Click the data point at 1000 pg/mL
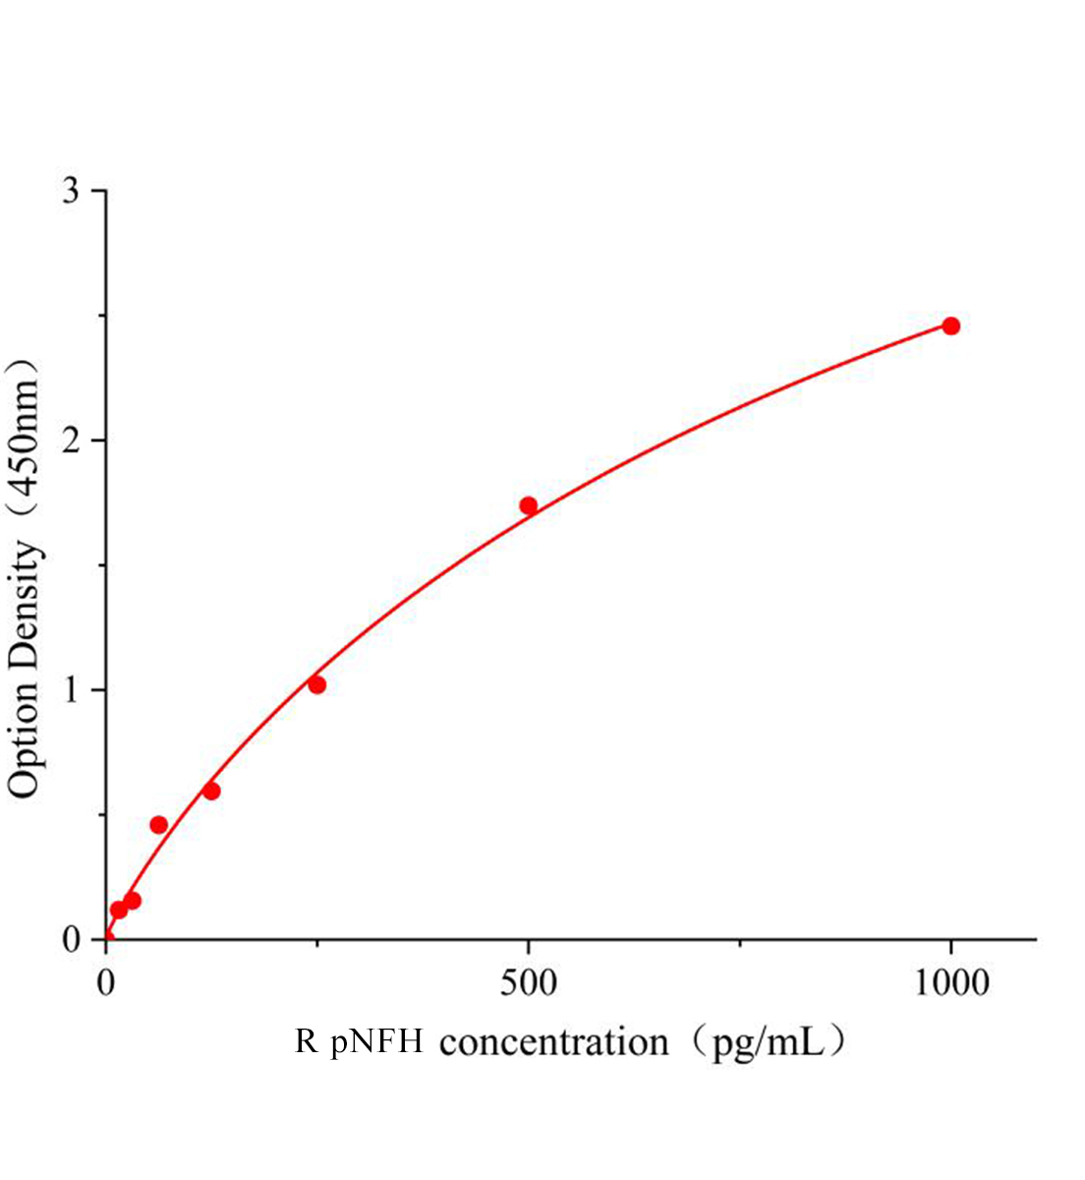950,325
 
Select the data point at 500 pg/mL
528,505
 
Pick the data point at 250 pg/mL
316,684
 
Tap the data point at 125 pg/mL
211,791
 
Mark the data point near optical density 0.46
158,824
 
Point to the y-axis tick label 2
71,441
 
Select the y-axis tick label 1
71,690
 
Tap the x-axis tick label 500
528,983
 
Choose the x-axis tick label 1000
950,983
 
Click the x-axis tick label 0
106,983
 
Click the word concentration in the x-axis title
553,1042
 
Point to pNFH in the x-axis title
377,1041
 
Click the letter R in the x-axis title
307,1041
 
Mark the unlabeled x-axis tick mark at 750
739,945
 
